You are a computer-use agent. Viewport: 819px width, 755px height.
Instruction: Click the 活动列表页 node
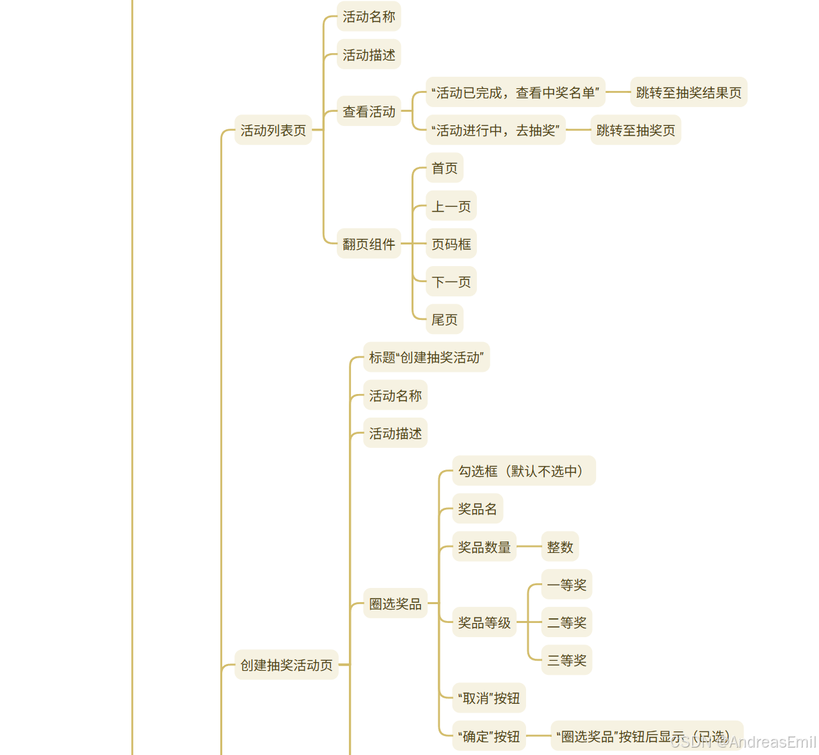click(x=273, y=131)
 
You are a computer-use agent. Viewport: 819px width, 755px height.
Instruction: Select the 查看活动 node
click(x=368, y=112)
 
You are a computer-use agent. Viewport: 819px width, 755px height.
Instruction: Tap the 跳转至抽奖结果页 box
click(x=688, y=93)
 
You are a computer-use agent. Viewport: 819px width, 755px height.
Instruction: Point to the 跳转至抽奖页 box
click(x=635, y=131)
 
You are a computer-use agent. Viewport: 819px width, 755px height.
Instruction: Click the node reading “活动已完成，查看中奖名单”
click(x=515, y=93)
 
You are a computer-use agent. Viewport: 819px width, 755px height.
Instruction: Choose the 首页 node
click(x=445, y=168)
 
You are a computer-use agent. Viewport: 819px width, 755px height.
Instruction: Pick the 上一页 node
click(x=451, y=207)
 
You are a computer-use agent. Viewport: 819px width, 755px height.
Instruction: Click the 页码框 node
click(x=451, y=244)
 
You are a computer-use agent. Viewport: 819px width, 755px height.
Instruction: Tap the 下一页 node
click(x=451, y=282)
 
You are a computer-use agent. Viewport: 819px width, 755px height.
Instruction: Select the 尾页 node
click(x=445, y=320)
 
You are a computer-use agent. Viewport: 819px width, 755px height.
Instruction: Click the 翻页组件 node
click(x=368, y=244)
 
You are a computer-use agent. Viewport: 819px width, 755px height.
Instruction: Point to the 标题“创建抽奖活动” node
click(x=426, y=358)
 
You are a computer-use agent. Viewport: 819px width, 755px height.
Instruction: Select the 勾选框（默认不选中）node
click(x=523, y=471)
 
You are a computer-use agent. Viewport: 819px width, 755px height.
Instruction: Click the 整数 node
click(x=560, y=548)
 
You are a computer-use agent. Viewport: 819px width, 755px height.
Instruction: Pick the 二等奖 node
click(x=566, y=623)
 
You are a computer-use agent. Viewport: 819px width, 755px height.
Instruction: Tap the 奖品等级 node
click(x=484, y=623)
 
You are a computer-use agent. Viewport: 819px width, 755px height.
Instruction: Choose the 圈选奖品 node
click(x=395, y=604)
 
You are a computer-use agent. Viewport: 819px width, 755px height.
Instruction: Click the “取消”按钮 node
click(x=489, y=698)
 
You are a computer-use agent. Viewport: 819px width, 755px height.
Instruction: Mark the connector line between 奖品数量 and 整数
click(x=529, y=547)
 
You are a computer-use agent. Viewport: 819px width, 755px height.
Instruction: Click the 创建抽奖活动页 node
click(x=286, y=665)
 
